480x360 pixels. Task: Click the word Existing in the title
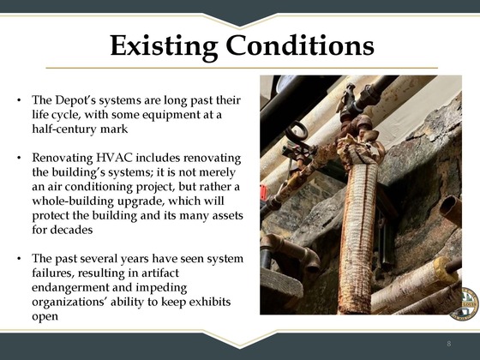click(x=166, y=45)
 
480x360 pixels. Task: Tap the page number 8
click(x=448, y=343)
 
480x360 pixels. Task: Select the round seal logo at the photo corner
click(x=465, y=303)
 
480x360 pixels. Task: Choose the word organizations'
click(x=73, y=303)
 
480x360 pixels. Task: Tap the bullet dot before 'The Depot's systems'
click(x=19, y=99)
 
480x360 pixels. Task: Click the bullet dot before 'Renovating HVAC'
click(x=19, y=158)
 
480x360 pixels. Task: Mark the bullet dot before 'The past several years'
click(x=19, y=259)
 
